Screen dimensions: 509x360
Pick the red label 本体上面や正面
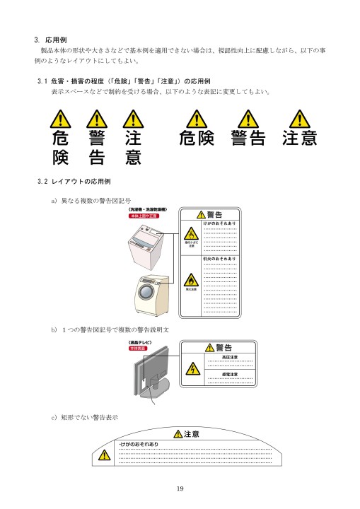[x=144, y=216]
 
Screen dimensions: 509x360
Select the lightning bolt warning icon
[x=191, y=370]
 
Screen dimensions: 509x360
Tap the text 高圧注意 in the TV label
[x=230, y=358]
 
